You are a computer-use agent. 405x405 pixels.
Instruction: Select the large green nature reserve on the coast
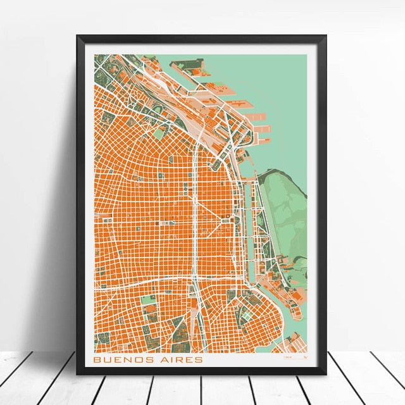click(x=285, y=209)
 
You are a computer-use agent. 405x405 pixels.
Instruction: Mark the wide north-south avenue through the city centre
click(x=196, y=221)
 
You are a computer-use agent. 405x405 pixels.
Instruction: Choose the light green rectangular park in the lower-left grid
click(x=147, y=299)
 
